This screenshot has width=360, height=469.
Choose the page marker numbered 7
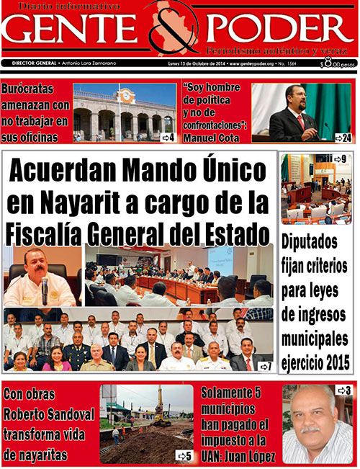point(265,367)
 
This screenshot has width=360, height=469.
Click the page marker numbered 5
point(184,456)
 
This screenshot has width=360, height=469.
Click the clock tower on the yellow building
point(127,96)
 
